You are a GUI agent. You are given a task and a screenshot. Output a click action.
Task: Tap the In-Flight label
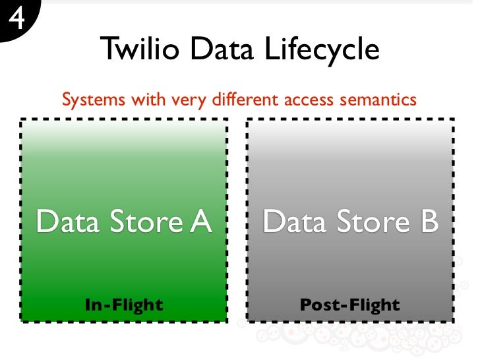(x=124, y=305)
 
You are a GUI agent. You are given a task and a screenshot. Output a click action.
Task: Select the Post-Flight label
(x=349, y=305)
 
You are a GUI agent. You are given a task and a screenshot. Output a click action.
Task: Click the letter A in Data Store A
(x=200, y=222)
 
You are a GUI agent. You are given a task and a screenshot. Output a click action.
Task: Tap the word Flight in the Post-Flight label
(x=374, y=305)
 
